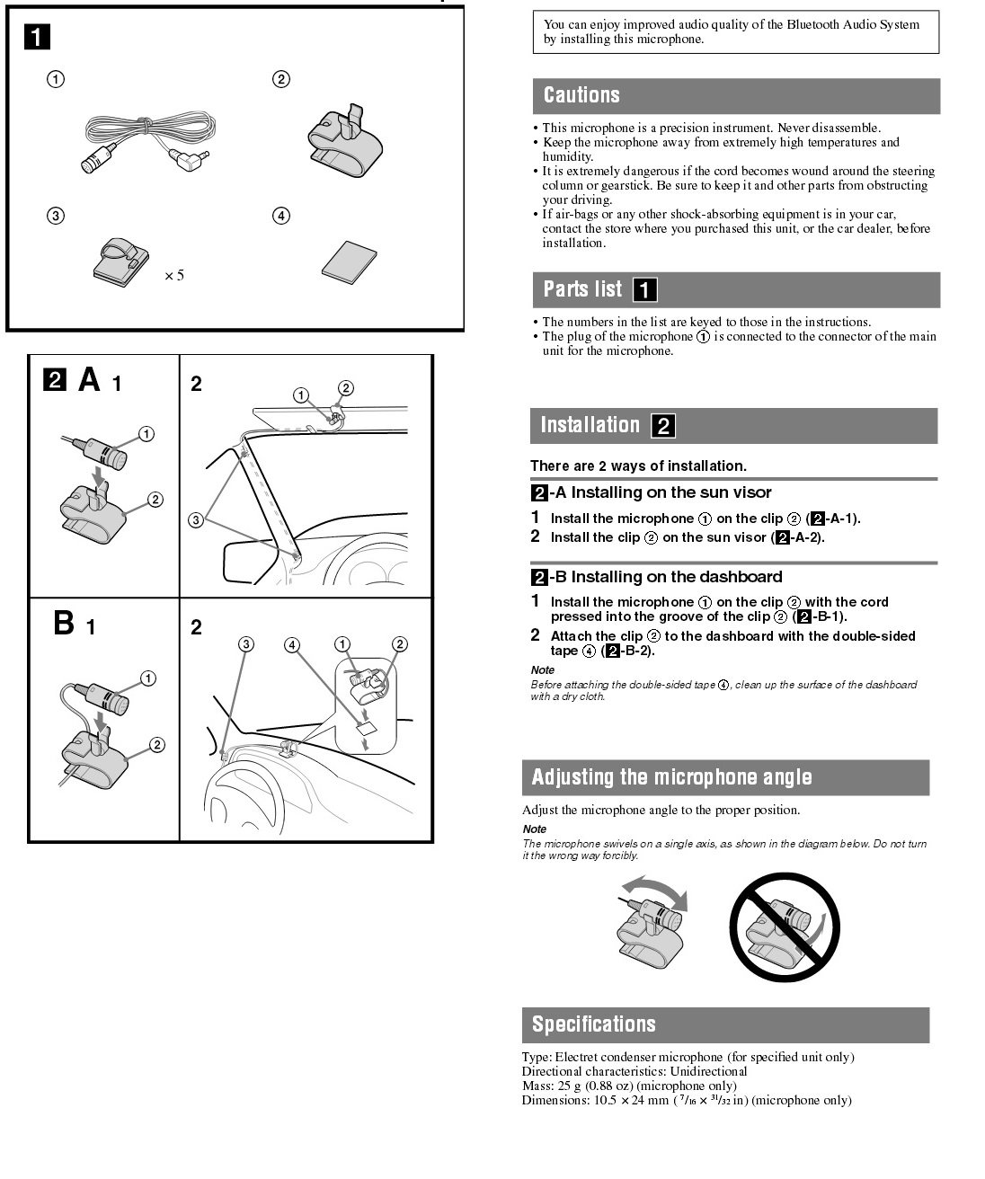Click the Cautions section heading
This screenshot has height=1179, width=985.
tap(581, 95)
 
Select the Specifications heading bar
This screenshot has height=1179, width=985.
tap(594, 1024)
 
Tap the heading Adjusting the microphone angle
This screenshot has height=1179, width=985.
tap(671, 777)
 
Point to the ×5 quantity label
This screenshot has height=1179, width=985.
tap(173, 275)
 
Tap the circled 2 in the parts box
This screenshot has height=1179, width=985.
tap(281, 79)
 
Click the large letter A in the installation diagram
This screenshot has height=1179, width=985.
tap(89, 380)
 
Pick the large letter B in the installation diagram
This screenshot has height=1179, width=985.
tap(64, 622)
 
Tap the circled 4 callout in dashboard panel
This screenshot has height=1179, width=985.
tap(292, 644)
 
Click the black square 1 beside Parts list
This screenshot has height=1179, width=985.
tap(644, 289)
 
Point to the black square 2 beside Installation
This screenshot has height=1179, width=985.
tap(663, 426)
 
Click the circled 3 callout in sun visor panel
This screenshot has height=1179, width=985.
tap(196, 519)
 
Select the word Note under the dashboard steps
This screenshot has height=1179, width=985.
tap(543, 670)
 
